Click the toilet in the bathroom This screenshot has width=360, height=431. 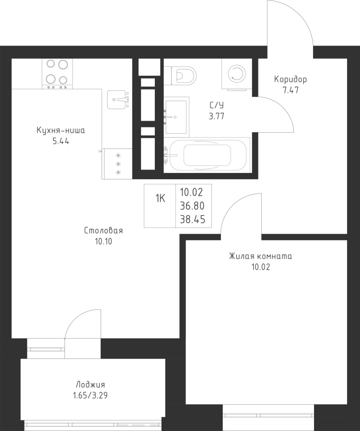[181, 75]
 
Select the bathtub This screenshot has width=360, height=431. [207, 155]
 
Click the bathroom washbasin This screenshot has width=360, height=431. [176, 116]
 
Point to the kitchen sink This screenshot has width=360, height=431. [117, 100]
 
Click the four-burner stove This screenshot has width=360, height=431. [57, 73]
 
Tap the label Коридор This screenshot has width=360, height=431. [290, 79]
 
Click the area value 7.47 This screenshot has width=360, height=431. [290, 90]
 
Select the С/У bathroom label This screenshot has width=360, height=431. [217, 105]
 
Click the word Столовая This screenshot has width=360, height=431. [104, 231]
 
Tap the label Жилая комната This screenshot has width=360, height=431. [260, 256]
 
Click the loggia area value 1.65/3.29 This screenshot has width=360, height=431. [90, 396]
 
